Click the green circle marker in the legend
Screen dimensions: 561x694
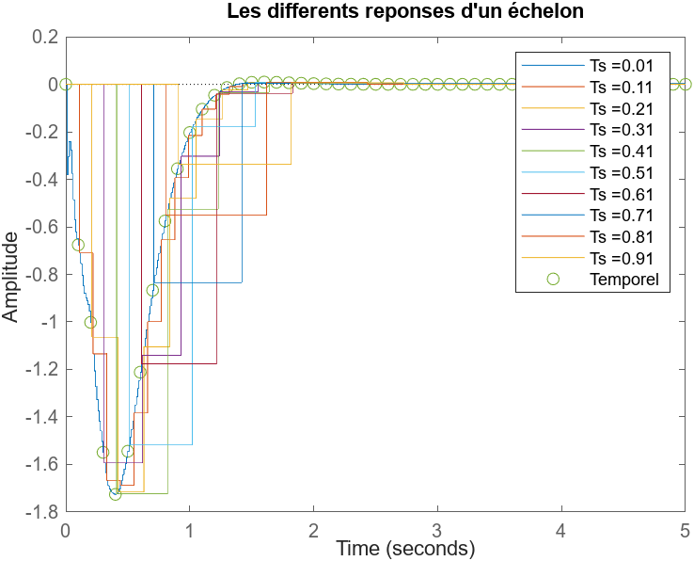[x=553, y=279]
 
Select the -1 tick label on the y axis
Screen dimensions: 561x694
[x=47, y=322]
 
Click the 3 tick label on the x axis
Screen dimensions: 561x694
[x=437, y=530]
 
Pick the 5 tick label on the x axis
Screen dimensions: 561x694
[x=685, y=530]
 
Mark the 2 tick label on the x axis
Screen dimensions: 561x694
[x=313, y=530]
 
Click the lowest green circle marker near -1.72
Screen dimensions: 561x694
[x=116, y=493]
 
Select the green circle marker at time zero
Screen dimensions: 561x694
[x=66, y=84]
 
